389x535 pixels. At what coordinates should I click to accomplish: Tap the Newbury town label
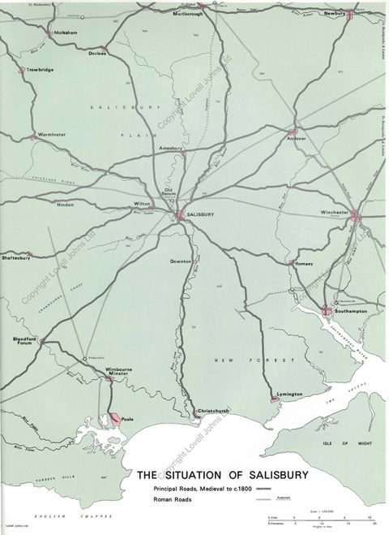(335, 14)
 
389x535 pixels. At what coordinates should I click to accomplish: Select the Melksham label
(66, 33)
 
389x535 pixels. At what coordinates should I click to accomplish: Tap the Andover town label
(299, 139)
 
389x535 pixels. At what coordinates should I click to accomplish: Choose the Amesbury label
(172, 149)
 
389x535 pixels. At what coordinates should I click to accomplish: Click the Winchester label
(335, 213)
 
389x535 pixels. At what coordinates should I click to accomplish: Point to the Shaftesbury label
(16, 257)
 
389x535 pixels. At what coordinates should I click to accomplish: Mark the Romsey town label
(304, 264)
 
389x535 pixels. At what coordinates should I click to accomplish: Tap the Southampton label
(348, 311)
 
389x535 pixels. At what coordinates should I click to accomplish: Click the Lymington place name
(289, 395)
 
